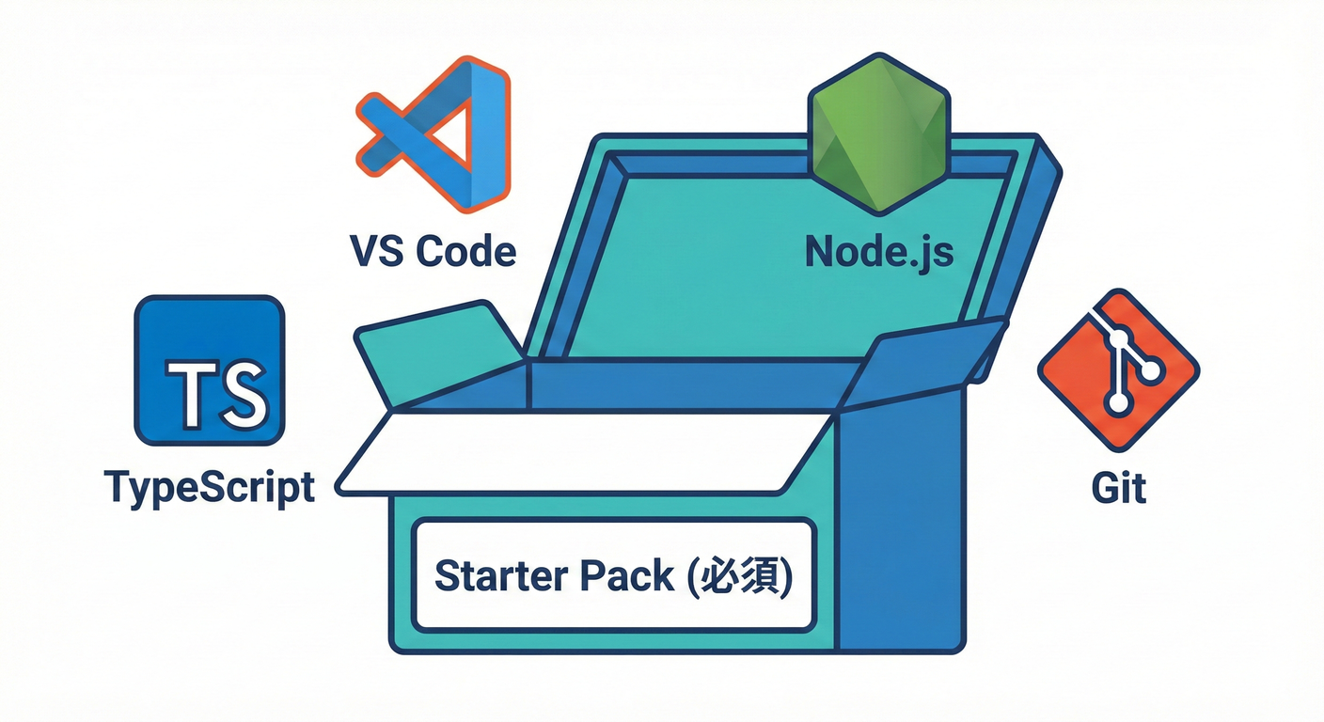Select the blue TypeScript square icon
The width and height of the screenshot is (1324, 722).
tap(210, 370)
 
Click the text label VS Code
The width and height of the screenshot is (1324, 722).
tap(433, 251)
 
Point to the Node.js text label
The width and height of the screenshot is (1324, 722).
tap(879, 251)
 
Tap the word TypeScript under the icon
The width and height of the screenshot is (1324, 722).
tap(210, 487)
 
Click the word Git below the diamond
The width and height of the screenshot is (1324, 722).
tap(1119, 488)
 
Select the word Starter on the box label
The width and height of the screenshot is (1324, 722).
tap(495, 575)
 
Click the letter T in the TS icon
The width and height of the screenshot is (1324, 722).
tap(187, 390)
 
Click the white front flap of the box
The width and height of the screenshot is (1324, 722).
tap(583, 453)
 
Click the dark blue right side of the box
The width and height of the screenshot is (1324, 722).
tap(898, 526)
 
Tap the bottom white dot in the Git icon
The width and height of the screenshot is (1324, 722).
tap(1118, 403)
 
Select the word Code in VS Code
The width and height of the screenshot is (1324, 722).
tap(466, 251)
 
